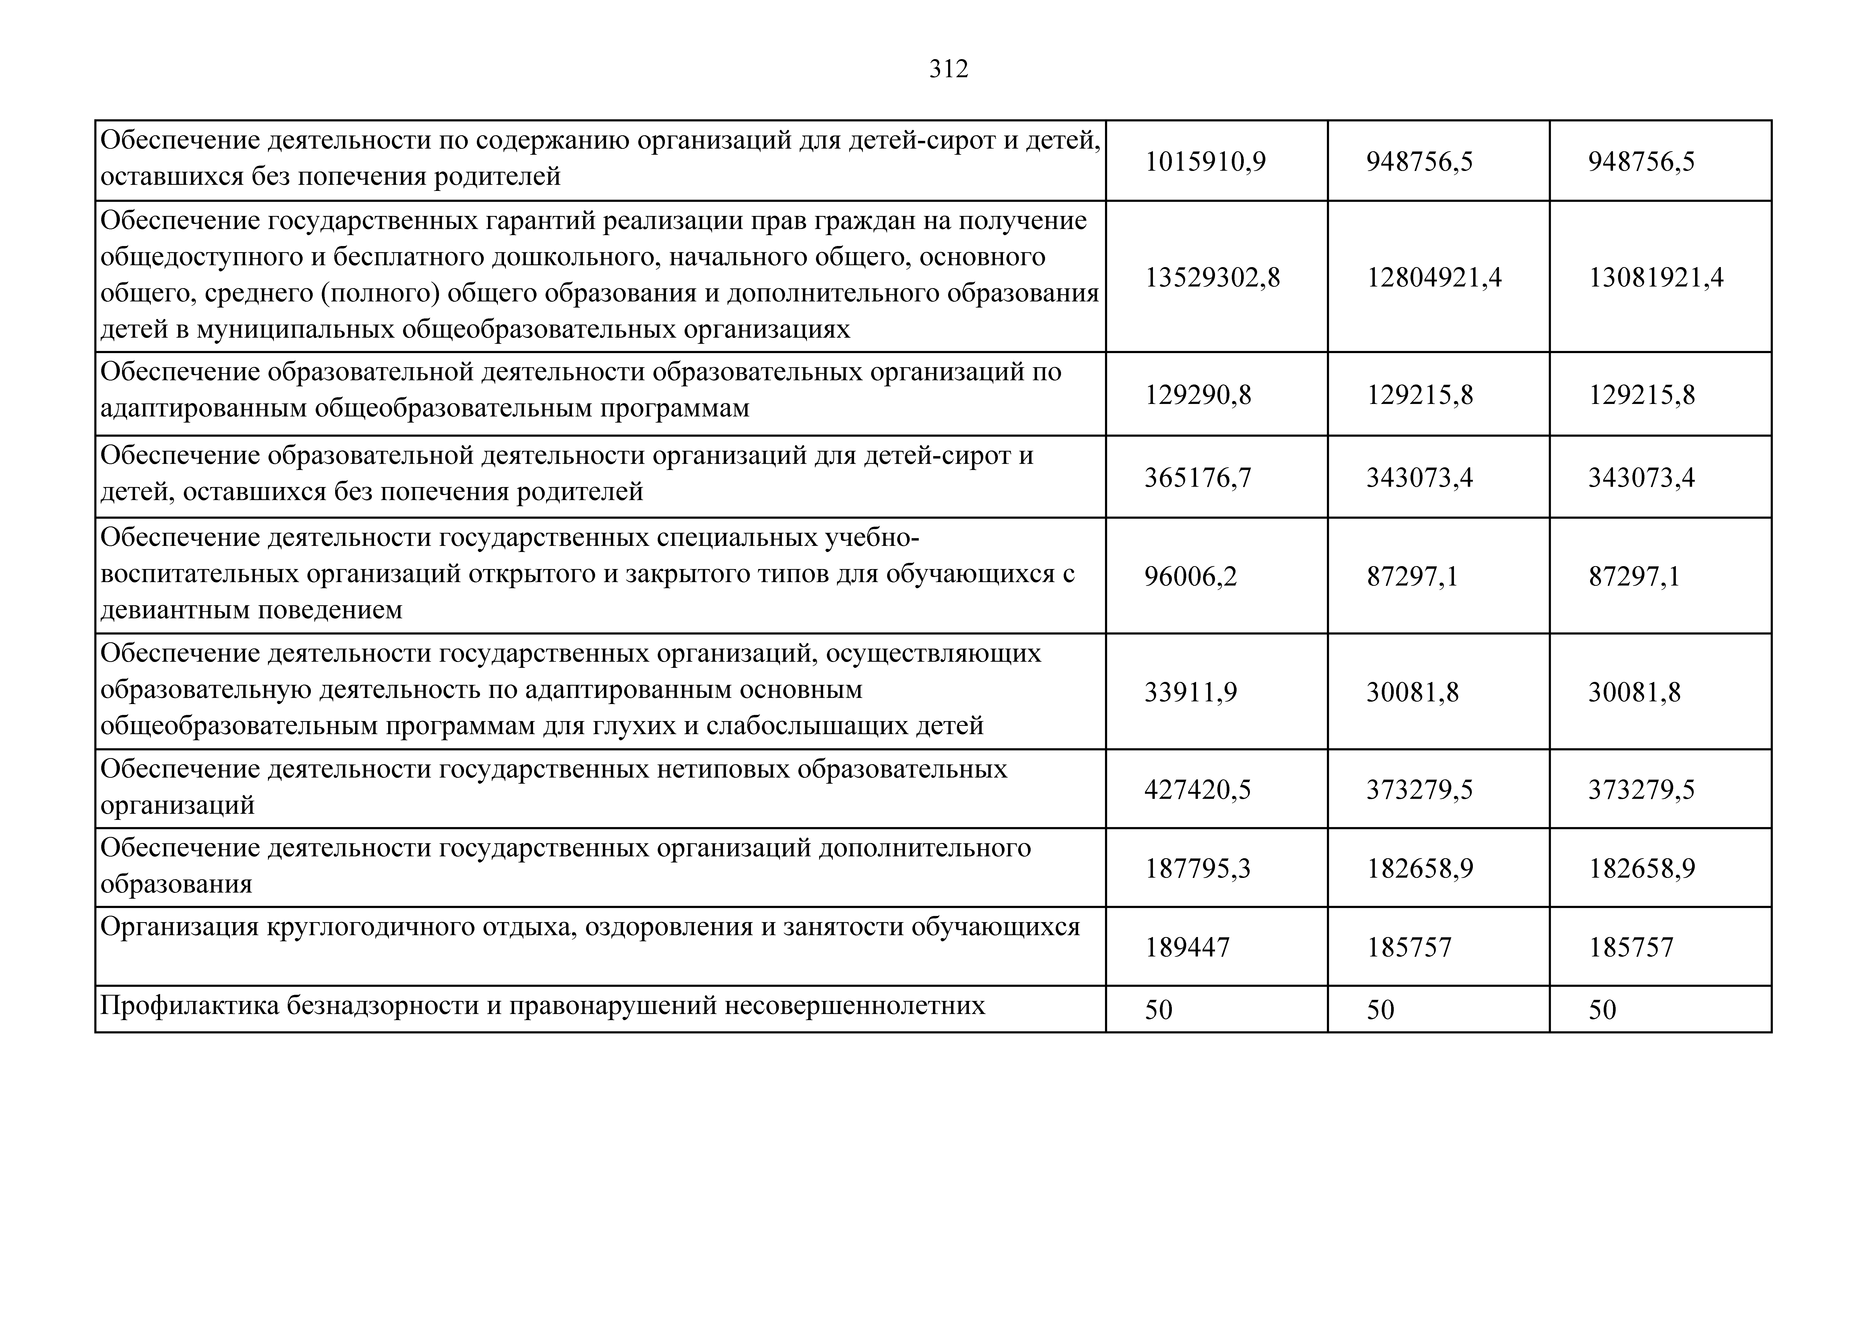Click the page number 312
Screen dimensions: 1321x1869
tap(948, 69)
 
